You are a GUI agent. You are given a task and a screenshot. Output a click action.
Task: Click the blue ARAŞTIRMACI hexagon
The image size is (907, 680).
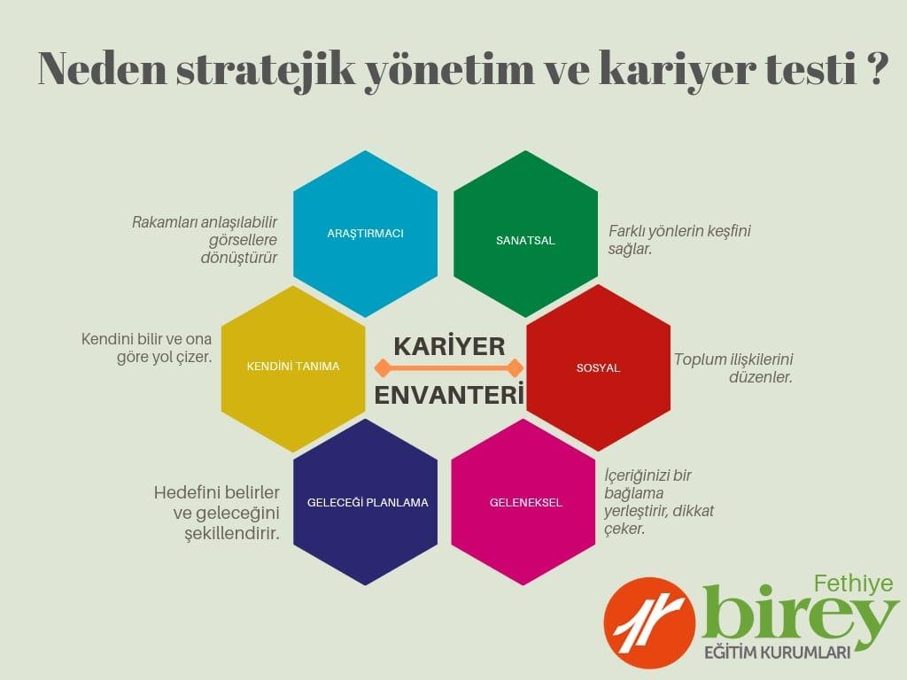pos(365,234)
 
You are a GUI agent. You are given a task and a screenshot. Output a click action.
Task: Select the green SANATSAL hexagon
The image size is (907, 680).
pos(525,234)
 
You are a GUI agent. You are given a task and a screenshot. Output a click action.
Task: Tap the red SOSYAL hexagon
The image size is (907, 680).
pos(598,367)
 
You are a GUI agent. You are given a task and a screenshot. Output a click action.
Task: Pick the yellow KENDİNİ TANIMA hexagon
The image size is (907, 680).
pos(293,368)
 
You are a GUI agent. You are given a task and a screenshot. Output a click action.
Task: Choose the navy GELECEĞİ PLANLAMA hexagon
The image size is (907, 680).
pos(365,502)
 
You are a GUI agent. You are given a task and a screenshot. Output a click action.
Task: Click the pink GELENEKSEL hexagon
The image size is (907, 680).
pos(523,502)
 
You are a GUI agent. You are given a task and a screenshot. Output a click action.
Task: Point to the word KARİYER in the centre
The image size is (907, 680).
pos(449,346)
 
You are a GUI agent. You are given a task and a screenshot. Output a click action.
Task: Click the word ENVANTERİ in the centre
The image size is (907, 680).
pos(449,396)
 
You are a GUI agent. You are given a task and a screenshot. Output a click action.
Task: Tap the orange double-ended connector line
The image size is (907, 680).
pos(449,367)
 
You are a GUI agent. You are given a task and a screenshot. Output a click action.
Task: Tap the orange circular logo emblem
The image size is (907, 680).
pos(649,622)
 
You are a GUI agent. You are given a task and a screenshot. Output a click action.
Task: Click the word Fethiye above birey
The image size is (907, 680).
pos(853,583)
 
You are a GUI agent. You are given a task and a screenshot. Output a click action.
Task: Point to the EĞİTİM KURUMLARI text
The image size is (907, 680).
pos(777,653)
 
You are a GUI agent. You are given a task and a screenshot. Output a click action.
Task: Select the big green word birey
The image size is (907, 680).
pos(801,617)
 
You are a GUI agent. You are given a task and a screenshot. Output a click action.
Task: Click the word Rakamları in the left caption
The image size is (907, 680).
pos(165,222)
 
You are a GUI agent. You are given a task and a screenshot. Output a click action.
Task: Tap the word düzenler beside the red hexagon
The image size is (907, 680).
pos(760,377)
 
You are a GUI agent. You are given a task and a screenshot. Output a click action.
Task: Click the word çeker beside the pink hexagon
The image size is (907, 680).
pos(624,529)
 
